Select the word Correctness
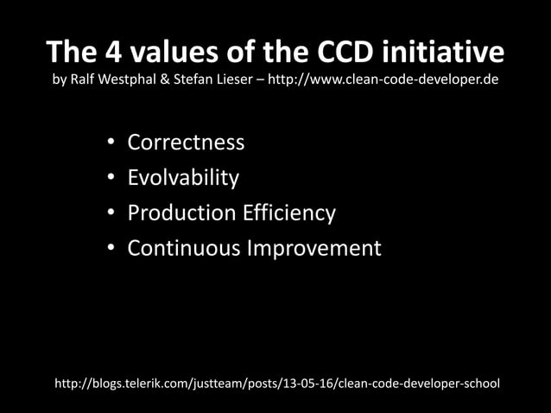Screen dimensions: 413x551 tap(186, 143)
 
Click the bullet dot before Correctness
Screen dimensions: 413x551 tap(111, 143)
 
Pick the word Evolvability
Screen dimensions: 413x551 tap(183, 178)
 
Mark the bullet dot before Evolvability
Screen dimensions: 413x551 tap(111, 179)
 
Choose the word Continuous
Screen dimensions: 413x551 tap(184, 249)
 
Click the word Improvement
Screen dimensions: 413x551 tap(313, 249)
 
